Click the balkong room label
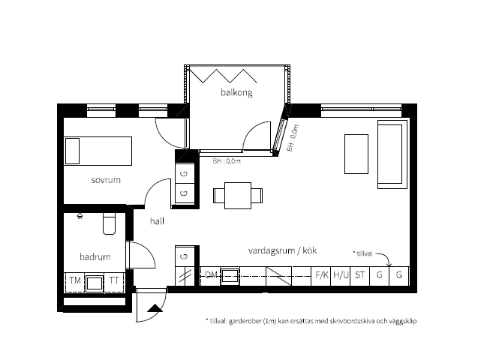[x=236, y=92]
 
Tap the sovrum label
[x=106, y=180]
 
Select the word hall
[x=157, y=221]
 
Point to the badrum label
[x=95, y=256]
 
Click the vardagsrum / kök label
[x=282, y=250]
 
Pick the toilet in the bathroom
[x=109, y=223]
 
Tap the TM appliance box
[x=75, y=280]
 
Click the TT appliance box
[x=114, y=280]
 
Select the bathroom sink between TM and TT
[x=95, y=283]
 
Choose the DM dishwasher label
[x=211, y=274]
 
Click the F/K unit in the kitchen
[x=321, y=276]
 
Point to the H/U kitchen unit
[x=341, y=276]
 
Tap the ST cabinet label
[x=360, y=274]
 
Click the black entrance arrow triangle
[x=155, y=307]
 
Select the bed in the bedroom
[x=98, y=151]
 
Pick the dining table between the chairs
[x=238, y=196]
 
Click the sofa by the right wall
[x=392, y=154]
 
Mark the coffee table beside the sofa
[x=356, y=154]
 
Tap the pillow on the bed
[x=72, y=151]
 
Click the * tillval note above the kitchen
[x=362, y=253]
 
